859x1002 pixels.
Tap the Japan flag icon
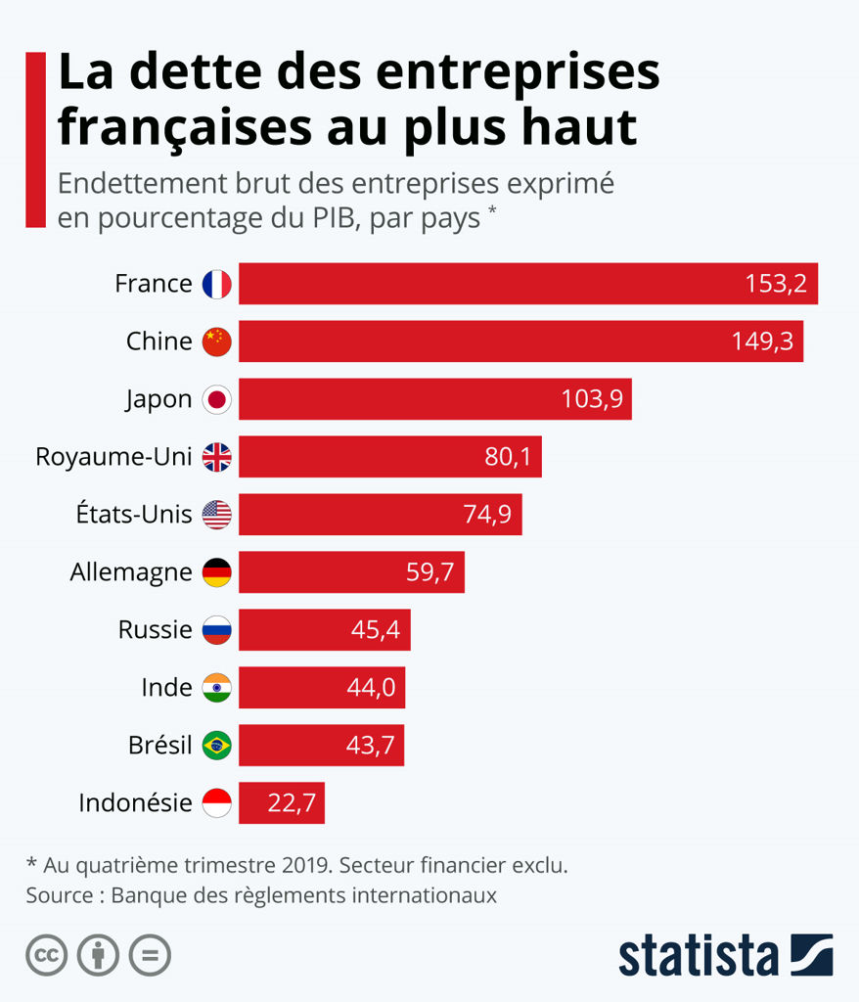pyautogui.click(x=216, y=399)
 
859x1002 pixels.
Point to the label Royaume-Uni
pyautogui.click(x=113, y=457)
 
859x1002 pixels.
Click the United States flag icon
pyautogui.click(x=216, y=515)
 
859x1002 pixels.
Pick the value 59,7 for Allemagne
pyautogui.click(x=429, y=572)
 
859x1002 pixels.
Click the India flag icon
pyautogui.click(x=216, y=688)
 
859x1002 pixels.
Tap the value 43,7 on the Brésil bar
pyautogui.click(x=370, y=746)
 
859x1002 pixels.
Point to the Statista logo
pyautogui.click(x=725, y=955)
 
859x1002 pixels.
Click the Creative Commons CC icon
pyautogui.click(x=46, y=955)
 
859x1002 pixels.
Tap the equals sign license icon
pyautogui.click(x=150, y=955)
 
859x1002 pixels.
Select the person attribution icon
pyautogui.click(x=98, y=955)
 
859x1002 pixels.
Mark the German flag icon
pyautogui.click(x=216, y=572)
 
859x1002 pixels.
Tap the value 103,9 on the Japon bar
pyautogui.click(x=592, y=399)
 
